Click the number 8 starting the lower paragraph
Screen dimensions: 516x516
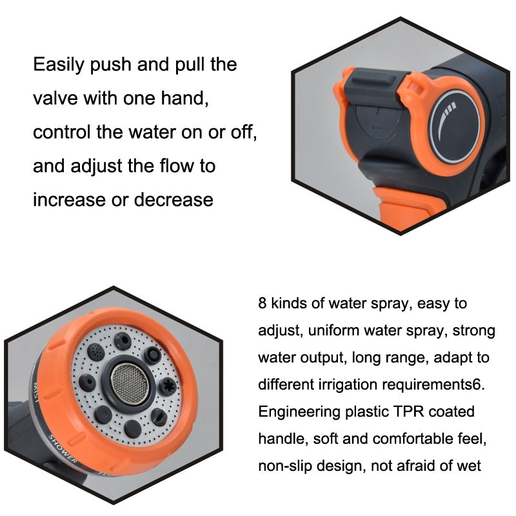pyautogui.click(x=263, y=303)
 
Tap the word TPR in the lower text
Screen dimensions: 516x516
pyautogui.click(x=398, y=411)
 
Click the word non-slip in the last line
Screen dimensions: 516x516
pyautogui.click(x=283, y=466)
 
